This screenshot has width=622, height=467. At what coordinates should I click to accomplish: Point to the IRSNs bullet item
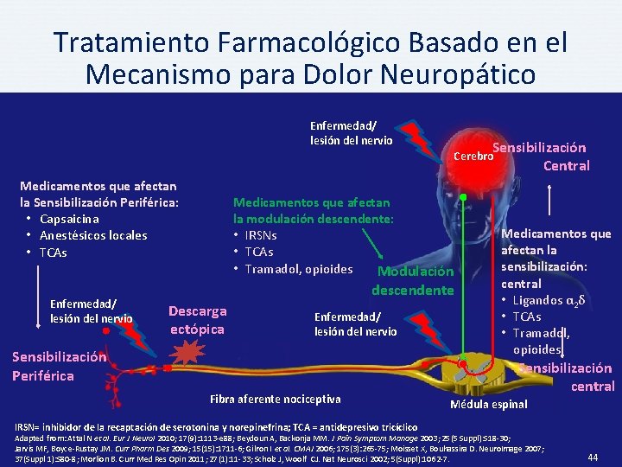(x=262, y=235)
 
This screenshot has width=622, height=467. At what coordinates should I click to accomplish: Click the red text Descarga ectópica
(x=197, y=320)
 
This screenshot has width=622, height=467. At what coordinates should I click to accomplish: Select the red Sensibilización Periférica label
(x=59, y=366)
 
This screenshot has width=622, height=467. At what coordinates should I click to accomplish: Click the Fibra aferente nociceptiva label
(x=276, y=399)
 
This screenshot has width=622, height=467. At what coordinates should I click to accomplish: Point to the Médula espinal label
(x=489, y=404)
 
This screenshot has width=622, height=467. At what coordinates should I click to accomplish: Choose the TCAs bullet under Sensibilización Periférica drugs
(x=53, y=253)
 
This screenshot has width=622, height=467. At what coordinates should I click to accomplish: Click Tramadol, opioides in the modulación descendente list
(x=299, y=269)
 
